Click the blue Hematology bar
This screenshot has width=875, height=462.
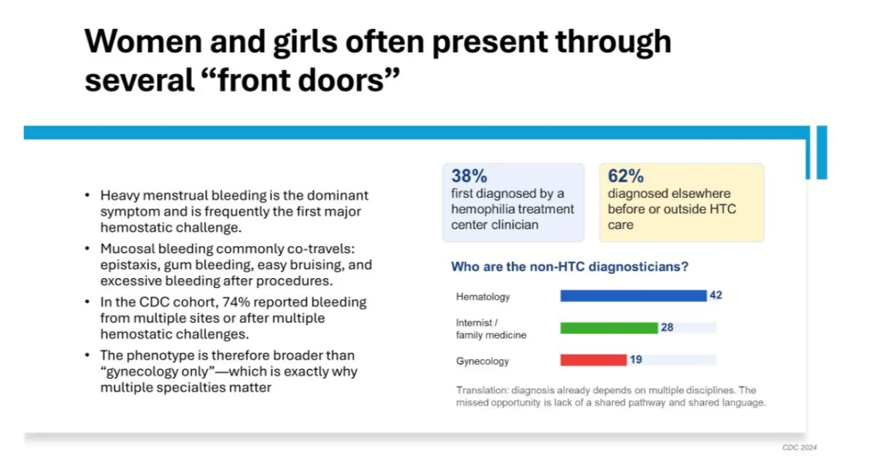(x=633, y=296)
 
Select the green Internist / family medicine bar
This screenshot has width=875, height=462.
(x=609, y=328)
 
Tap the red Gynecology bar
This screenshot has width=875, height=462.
(x=594, y=360)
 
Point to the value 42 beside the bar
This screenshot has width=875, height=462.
(x=716, y=296)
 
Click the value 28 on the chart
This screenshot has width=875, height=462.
(x=666, y=327)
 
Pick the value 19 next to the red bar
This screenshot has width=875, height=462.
(x=636, y=360)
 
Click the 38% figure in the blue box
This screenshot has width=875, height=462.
(x=469, y=177)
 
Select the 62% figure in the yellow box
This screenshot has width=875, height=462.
(x=626, y=177)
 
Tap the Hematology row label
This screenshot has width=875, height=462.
(x=483, y=296)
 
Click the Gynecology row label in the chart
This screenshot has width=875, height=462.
(x=483, y=361)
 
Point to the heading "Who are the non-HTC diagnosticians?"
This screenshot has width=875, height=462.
(x=570, y=267)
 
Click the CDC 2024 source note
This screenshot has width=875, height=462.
(x=799, y=447)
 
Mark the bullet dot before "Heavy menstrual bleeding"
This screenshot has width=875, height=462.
(x=88, y=196)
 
